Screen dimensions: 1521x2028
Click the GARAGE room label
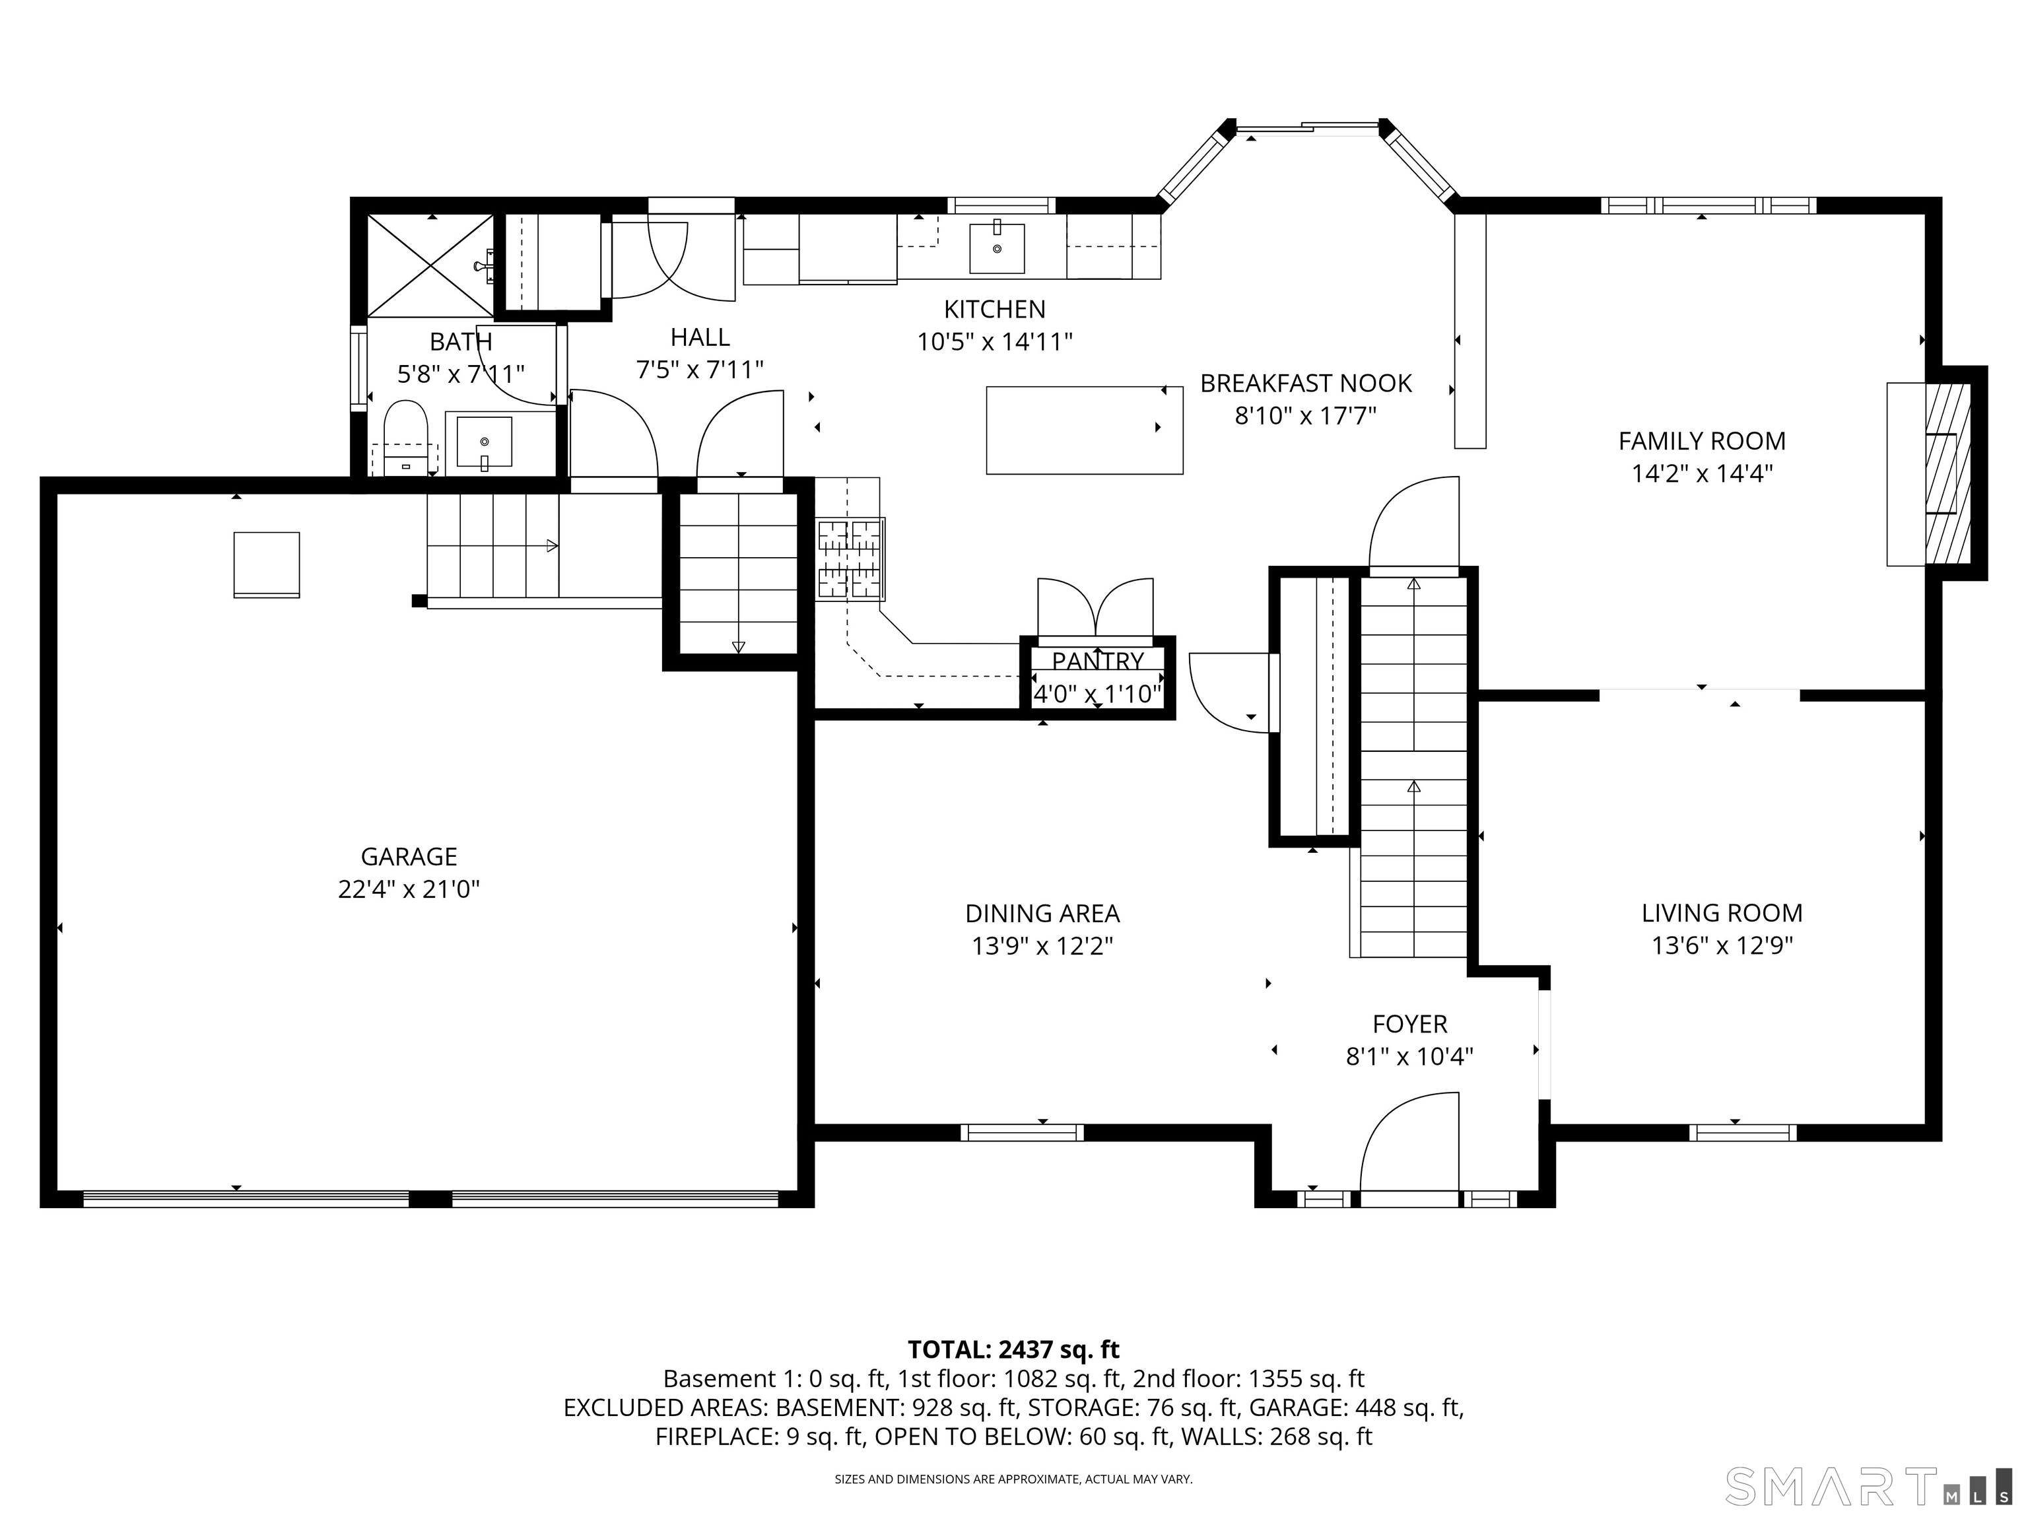(x=409, y=856)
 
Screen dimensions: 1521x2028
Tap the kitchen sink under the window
(x=997, y=248)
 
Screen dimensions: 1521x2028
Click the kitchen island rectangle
(x=1084, y=430)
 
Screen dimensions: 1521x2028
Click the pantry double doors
(x=1096, y=608)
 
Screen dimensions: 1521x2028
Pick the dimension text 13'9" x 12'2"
(x=1042, y=945)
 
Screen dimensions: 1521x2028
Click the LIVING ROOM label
(x=1722, y=912)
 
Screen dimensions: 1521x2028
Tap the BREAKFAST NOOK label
(x=1306, y=384)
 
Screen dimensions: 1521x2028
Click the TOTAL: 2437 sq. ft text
(x=1013, y=1349)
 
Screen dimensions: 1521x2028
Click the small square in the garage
(x=266, y=564)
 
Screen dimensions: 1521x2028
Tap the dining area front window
(x=1022, y=1132)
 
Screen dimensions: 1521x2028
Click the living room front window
(x=1742, y=1132)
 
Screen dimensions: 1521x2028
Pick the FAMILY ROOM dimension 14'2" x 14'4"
(x=1702, y=474)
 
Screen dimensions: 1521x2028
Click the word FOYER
(x=1409, y=1023)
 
